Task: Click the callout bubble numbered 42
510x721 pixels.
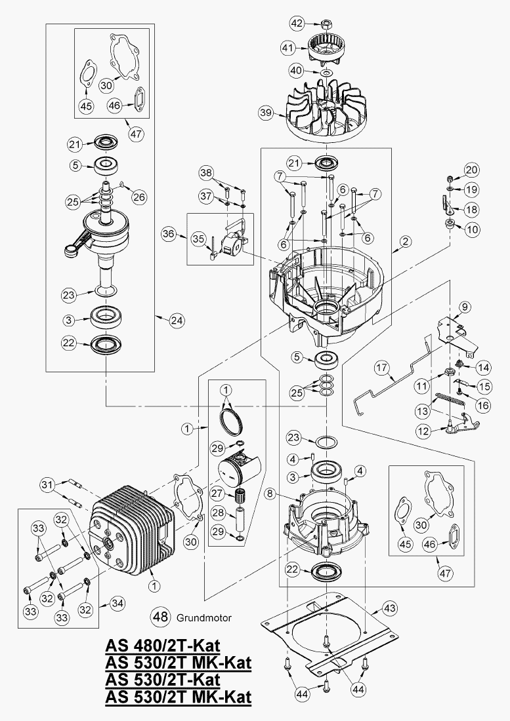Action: coord(297,24)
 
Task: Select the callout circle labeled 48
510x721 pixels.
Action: coord(160,617)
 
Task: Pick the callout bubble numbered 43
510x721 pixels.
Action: coord(390,609)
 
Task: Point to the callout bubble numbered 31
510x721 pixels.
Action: coord(46,485)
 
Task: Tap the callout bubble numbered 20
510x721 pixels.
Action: coord(471,169)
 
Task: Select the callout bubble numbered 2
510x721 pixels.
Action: coord(406,242)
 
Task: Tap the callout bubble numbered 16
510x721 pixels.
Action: coord(483,405)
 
